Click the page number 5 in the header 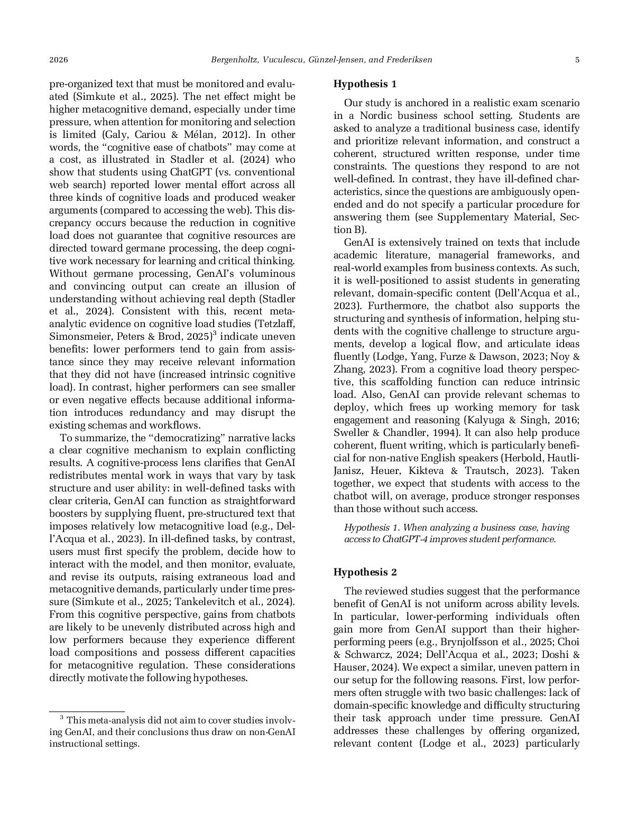pyautogui.click(x=577, y=60)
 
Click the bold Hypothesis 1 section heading pyautogui.click(x=365, y=84)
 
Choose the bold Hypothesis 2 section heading pyautogui.click(x=365, y=572)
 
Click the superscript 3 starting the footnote pyautogui.click(x=61, y=718)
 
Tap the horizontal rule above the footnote pyautogui.click(x=87, y=712)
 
